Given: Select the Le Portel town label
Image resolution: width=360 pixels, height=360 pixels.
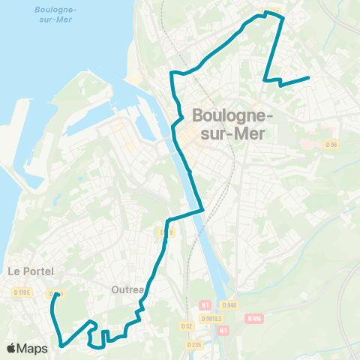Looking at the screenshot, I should [25, 271].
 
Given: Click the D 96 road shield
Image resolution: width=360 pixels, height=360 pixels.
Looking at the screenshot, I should [332, 145].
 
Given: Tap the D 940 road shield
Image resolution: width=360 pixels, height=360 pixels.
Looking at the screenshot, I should [229, 304].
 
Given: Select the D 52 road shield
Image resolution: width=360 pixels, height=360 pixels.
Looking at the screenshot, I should [187, 326].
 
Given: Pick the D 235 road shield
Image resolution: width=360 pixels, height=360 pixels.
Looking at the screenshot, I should [194, 344].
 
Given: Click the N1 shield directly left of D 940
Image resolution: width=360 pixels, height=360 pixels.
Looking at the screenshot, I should [204, 304].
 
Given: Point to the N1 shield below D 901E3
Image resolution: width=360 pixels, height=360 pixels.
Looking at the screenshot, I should [222, 330].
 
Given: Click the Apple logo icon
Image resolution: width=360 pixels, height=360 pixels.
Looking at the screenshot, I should [12, 348].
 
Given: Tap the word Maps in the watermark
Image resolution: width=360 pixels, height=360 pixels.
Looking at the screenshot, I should [33, 348].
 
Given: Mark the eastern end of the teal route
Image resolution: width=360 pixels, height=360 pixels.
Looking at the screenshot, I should [308, 78].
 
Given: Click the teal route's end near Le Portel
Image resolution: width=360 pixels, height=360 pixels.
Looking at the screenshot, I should [57, 294].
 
